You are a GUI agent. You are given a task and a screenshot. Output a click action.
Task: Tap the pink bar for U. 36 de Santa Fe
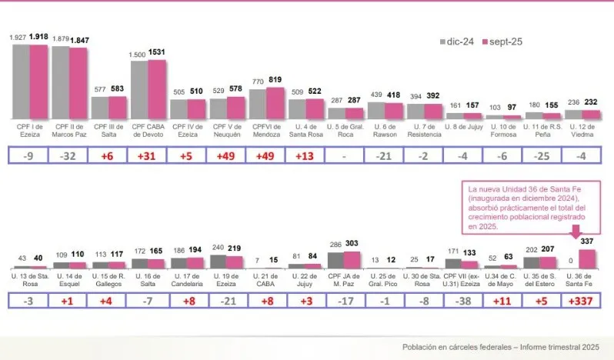click(588, 257)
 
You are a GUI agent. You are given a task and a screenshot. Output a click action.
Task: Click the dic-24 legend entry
click(456, 42)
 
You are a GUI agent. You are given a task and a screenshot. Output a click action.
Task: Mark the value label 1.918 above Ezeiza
click(41, 37)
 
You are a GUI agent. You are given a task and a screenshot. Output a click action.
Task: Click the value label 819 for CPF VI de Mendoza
click(276, 80)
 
